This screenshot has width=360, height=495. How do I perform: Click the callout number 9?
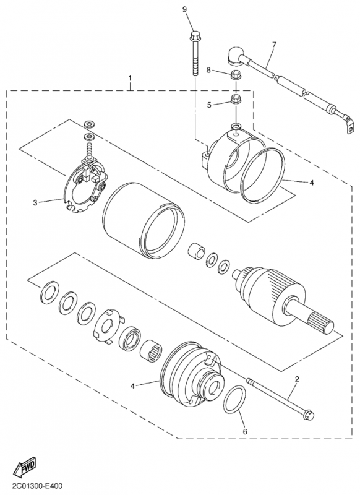[185, 9]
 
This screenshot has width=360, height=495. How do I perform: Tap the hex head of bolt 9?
[194, 35]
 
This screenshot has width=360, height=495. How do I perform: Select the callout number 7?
[274, 45]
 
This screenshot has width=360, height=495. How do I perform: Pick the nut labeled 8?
[236, 75]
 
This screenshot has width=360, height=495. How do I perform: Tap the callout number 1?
[130, 78]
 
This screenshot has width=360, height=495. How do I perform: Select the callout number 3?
[35, 202]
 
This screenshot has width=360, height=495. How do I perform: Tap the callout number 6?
[246, 431]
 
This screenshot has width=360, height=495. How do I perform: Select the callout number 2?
[297, 379]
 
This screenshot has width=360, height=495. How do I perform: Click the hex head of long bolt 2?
[308, 415]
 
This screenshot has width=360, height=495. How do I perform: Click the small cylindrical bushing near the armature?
[197, 251]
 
